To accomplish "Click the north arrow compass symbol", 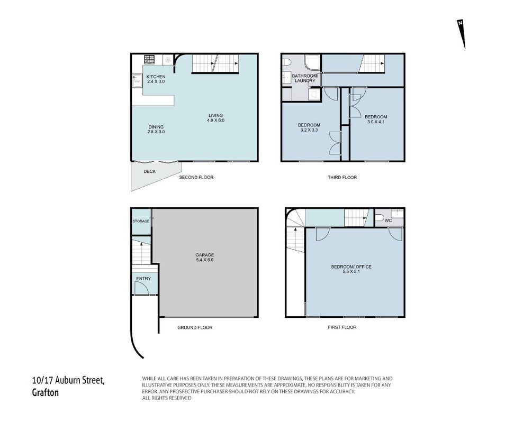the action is tap(461, 33).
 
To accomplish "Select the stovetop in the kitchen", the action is tap(149, 60).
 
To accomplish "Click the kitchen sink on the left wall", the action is tap(138, 81).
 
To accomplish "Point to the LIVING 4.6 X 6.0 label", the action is tap(216, 117).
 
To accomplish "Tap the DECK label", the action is tap(150, 171).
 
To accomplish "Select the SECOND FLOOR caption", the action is tap(196, 177).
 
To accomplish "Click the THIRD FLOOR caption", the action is tap(342, 177).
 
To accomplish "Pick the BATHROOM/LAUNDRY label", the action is tap(305, 78).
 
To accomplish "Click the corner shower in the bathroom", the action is tap(312, 63).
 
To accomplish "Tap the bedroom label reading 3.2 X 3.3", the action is tap(309, 127).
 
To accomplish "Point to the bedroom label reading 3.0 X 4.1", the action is tap(376, 119).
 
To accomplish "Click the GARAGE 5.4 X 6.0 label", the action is tap(204, 258).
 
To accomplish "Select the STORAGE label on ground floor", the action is tap(141, 221).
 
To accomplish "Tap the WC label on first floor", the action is tap(389, 220).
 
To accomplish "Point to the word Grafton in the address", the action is tap(46, 392).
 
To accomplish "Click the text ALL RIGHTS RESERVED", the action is tap(167, 398).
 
